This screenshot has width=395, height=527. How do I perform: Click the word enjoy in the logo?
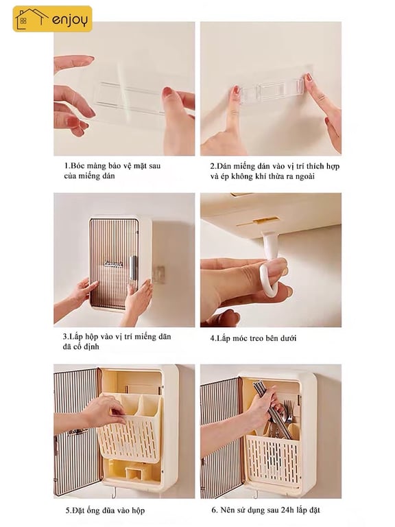point(70,19)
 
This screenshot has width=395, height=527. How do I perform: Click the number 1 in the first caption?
point(67,165)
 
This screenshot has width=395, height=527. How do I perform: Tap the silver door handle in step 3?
point(132,268)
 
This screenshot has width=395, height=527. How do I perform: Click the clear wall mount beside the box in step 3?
point(159,274)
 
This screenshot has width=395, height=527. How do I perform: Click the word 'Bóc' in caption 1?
point(77,165)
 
